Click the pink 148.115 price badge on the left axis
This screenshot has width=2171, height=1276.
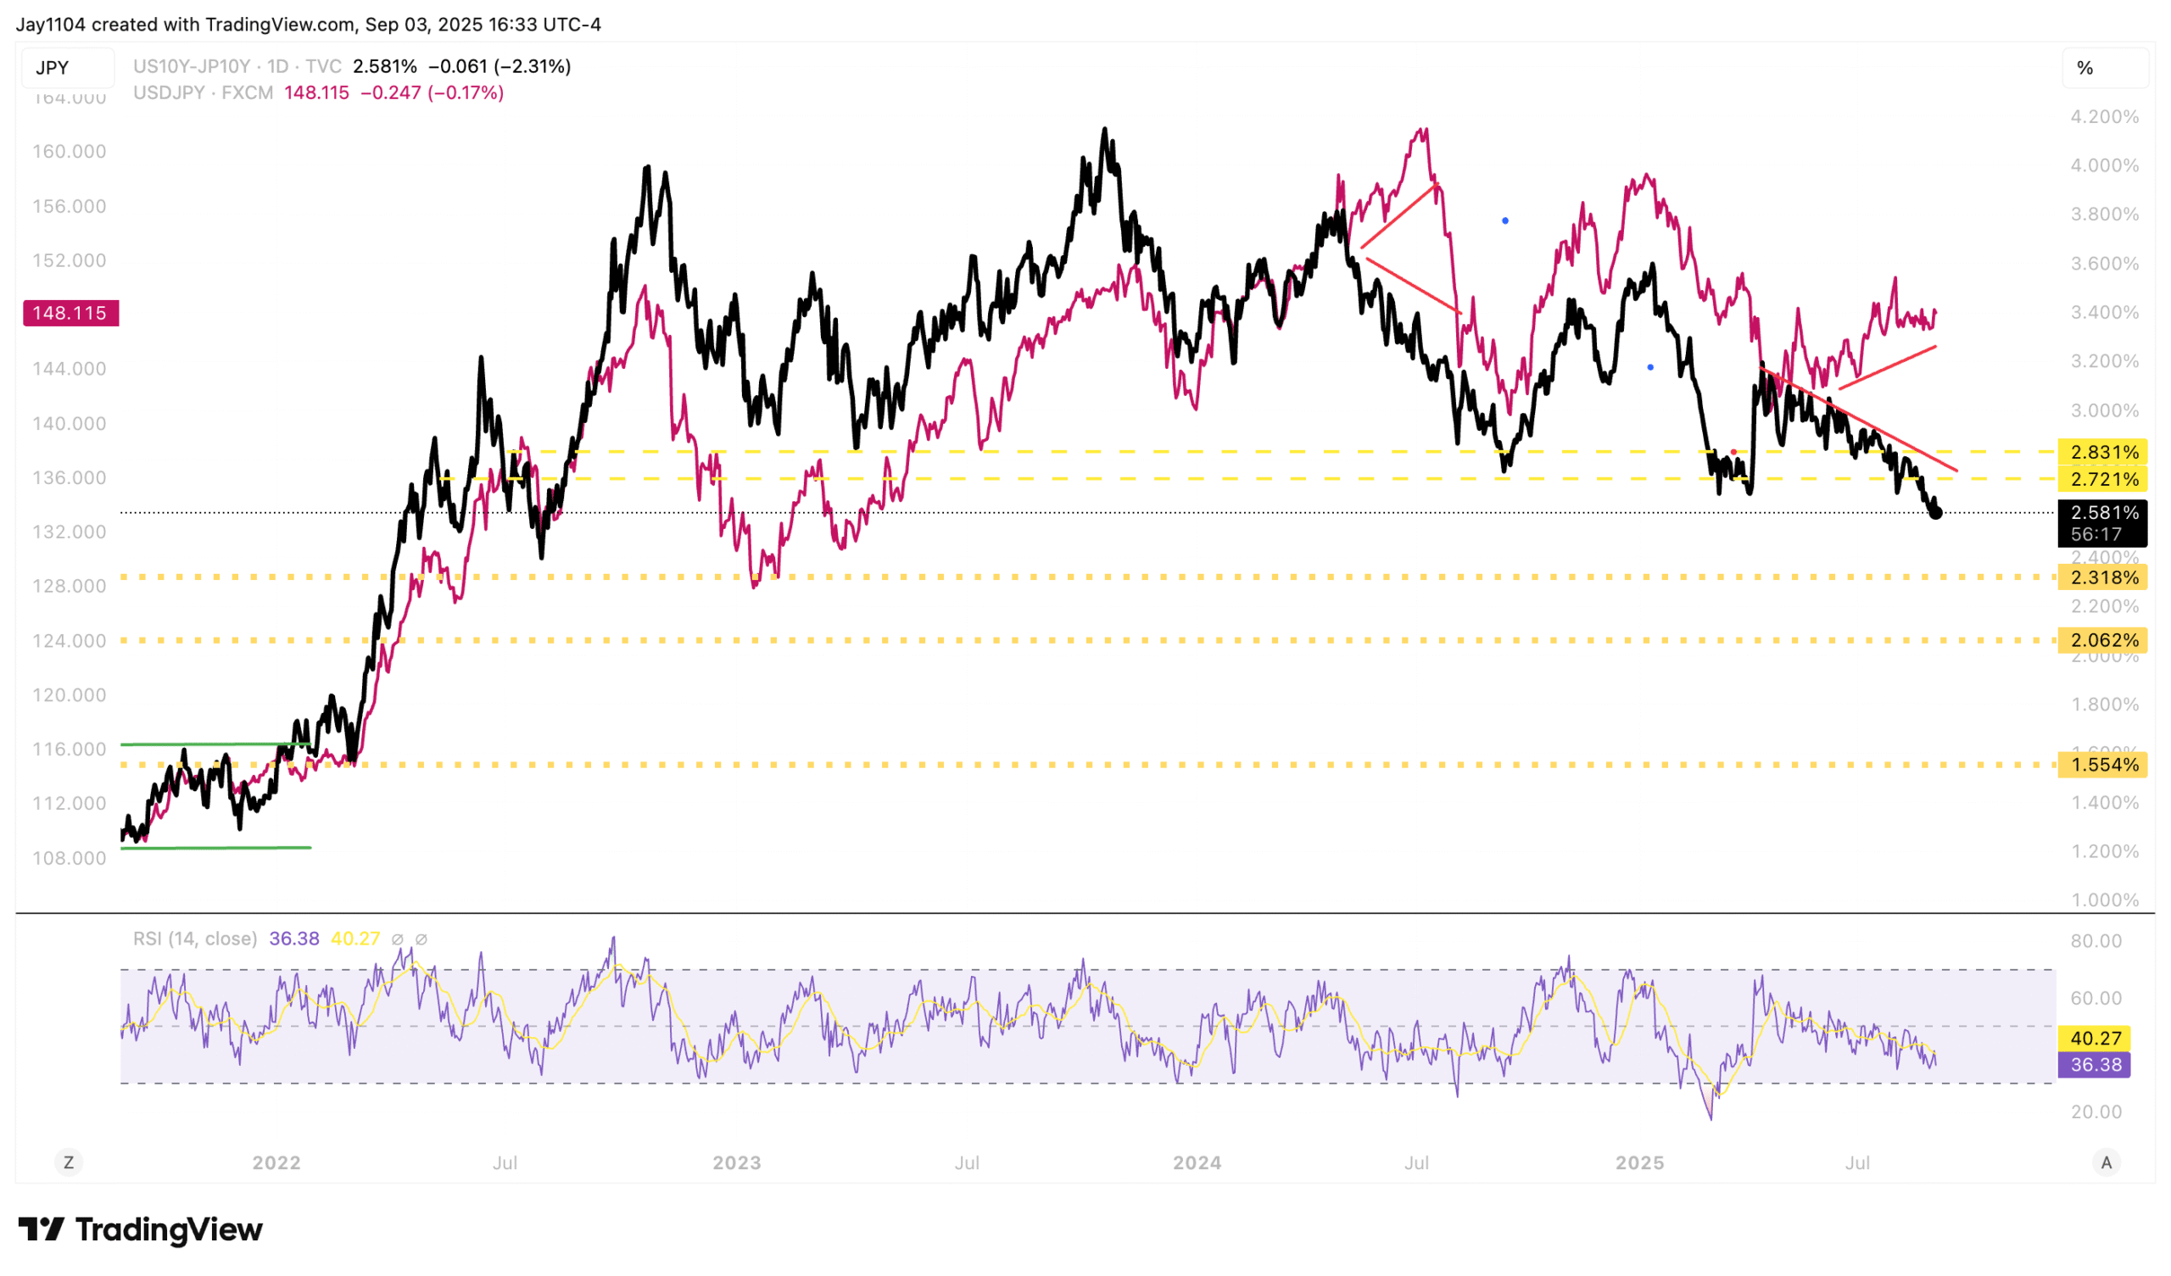[70, 313]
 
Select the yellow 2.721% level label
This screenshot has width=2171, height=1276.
[2103, 479]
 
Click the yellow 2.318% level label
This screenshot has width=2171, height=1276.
[2103, 577]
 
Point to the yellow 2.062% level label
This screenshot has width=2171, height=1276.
[2103, 640]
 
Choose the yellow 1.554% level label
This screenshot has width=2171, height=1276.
[2103, 764]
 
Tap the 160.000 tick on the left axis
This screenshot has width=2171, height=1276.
[69, 152]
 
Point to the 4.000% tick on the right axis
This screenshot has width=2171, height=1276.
[2105, 165]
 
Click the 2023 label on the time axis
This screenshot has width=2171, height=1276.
[737, 1163]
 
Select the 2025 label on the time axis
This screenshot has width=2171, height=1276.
[1639, 1163]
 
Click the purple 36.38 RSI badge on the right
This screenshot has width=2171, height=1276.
[2095, 1065]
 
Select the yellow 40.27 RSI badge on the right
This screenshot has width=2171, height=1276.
[2095, 1039]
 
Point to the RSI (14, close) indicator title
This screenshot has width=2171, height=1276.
[195, 939]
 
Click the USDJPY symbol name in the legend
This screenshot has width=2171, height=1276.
[169, 93]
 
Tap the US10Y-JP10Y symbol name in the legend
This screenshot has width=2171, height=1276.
[192, 66]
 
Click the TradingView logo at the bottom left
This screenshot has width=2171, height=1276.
[141, 1229]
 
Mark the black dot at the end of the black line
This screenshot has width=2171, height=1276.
[1936, 514]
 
